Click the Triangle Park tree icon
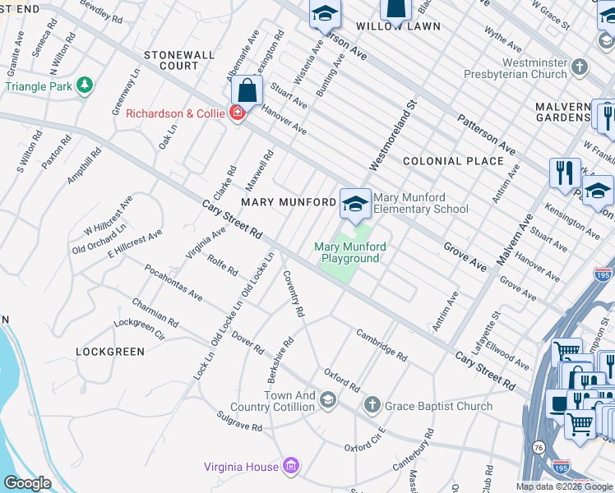[x=84, y=85]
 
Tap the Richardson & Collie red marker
[x=238, y=113]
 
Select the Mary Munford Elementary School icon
[x=354, y=203]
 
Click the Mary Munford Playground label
[x=350, y=252]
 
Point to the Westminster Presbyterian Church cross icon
[x=580, y=67]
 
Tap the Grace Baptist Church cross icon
[x=372, y=405]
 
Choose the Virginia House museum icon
[x=289, y=468]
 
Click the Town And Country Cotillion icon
[x=327, y=400]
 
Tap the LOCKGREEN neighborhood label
[x=110, y=352]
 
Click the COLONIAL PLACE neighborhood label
[x=453, y=161]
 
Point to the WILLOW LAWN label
[x=398, y=26]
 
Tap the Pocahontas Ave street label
[x=173, y=282]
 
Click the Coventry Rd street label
[x=294, y=294]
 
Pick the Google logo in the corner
[x=28, y=483]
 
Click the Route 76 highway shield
[x=539, y=446]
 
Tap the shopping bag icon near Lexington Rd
[x=247, y=91]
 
